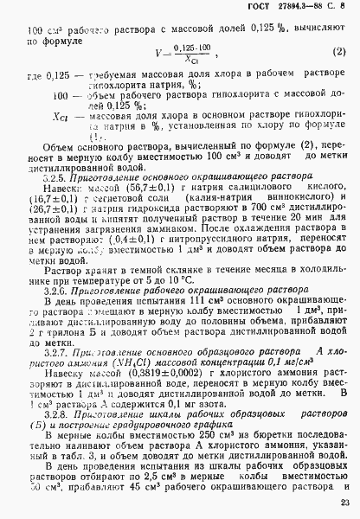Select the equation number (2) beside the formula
pyautogui.click(x=340, y=54)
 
